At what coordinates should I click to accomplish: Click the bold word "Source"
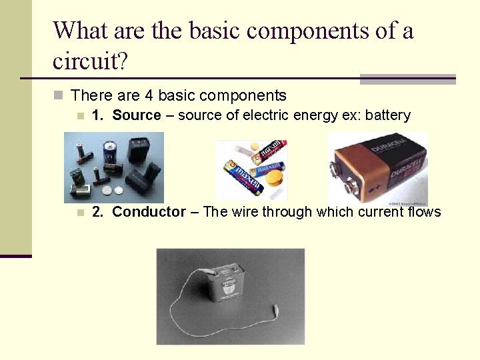[137, 115]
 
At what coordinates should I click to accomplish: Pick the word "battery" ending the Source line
[387, 115]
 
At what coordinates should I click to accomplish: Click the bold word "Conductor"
[149, 212]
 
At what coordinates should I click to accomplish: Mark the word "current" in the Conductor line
[379, 212]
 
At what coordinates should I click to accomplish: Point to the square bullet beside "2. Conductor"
[80, 213]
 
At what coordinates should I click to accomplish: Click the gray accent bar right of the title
[407, 79]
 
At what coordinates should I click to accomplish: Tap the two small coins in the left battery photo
[114, 190]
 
